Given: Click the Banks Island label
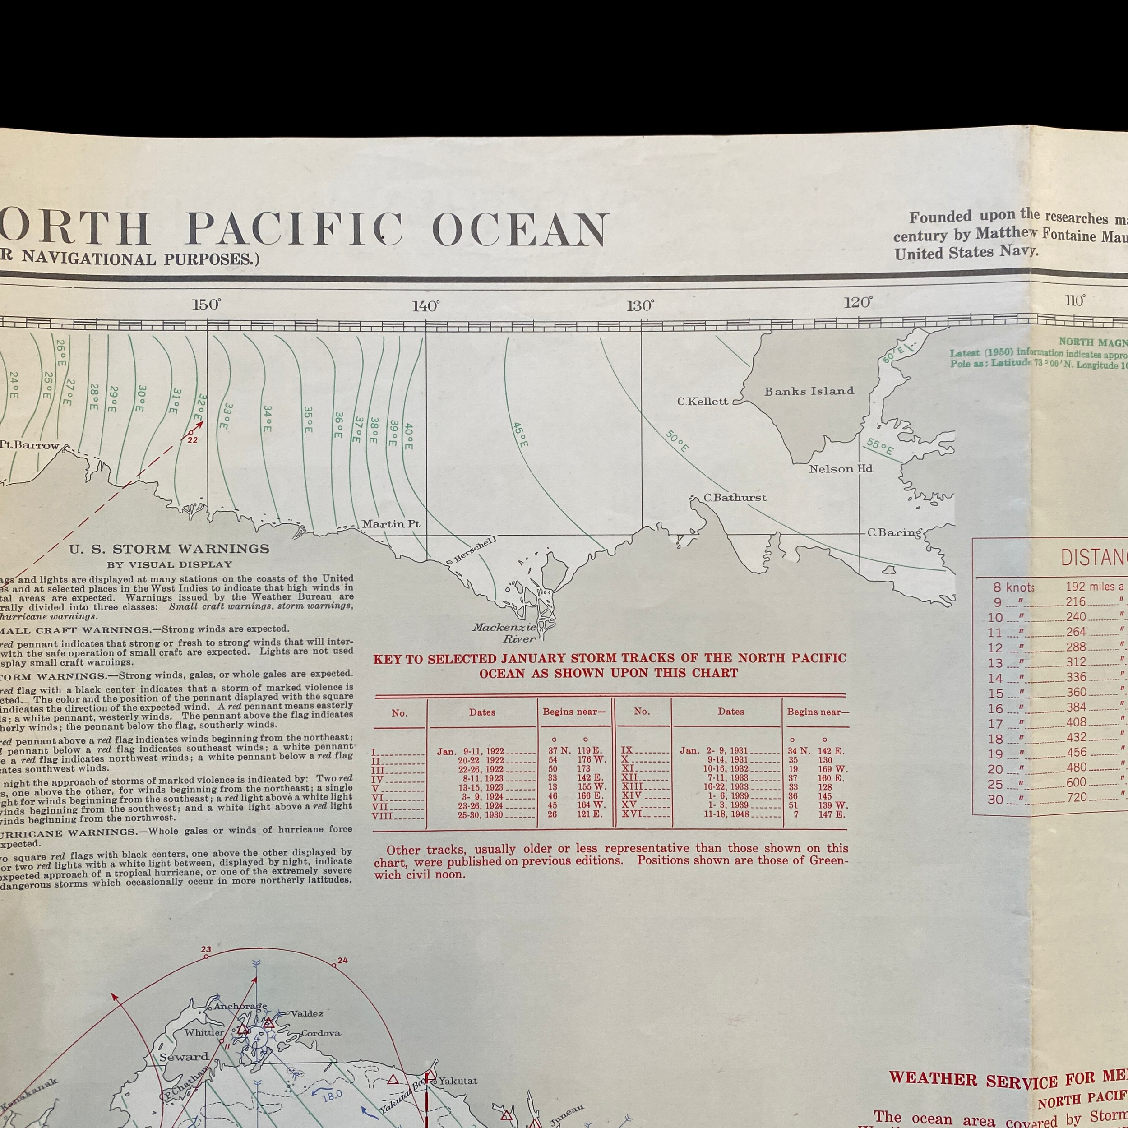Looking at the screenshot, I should click(809, 391).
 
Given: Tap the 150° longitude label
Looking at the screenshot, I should click(207, 305).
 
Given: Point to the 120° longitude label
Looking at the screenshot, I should click(858, 302).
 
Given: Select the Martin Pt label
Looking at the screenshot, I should click(391, 524).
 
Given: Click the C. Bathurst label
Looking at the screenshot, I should click(735, 497).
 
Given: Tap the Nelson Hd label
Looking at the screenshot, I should click(840, 468).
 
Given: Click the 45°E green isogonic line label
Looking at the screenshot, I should click(520, 435).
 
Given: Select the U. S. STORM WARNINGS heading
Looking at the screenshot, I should click(169, 549).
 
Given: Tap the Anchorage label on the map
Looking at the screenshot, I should click(240, 1006).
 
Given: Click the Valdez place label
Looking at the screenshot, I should click(306, 1013).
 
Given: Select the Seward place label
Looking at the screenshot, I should click(184, 1057).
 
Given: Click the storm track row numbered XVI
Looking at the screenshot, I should click(733, 814).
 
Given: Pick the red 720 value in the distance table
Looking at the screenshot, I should click(1077, 797).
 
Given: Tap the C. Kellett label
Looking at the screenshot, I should click(703, 401).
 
